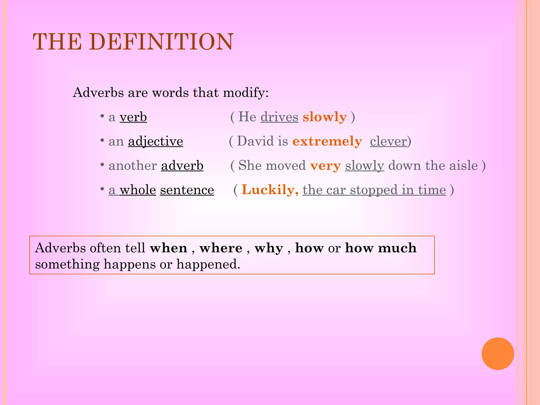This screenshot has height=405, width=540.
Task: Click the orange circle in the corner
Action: (498, 354)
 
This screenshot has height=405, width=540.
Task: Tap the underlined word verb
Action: (133, 117)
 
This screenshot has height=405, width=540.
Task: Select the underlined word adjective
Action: (156, 141)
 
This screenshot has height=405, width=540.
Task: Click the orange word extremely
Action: (327, 141)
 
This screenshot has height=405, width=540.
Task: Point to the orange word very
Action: (325, 166)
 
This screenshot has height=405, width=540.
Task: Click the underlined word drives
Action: (279, 117)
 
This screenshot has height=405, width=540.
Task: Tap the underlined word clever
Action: (388, 141)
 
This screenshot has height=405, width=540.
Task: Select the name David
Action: (255, 141)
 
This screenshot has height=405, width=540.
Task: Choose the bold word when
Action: (168, 248)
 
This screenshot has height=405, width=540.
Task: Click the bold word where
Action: (221, 248)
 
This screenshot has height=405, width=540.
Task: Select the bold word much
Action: (397, 248)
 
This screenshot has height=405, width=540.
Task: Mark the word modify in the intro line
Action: (245, 93)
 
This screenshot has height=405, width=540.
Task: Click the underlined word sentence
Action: (187, 190)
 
